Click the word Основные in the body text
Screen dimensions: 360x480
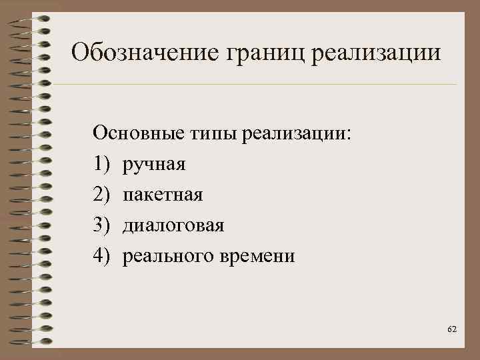pos(134,133)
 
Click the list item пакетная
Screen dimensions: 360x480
pos(163,195)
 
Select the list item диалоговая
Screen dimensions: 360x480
pos(173,225)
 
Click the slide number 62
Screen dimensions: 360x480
pos(452,330)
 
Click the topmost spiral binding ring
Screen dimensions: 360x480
pos(30,18)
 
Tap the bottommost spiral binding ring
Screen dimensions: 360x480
pos(30,343)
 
